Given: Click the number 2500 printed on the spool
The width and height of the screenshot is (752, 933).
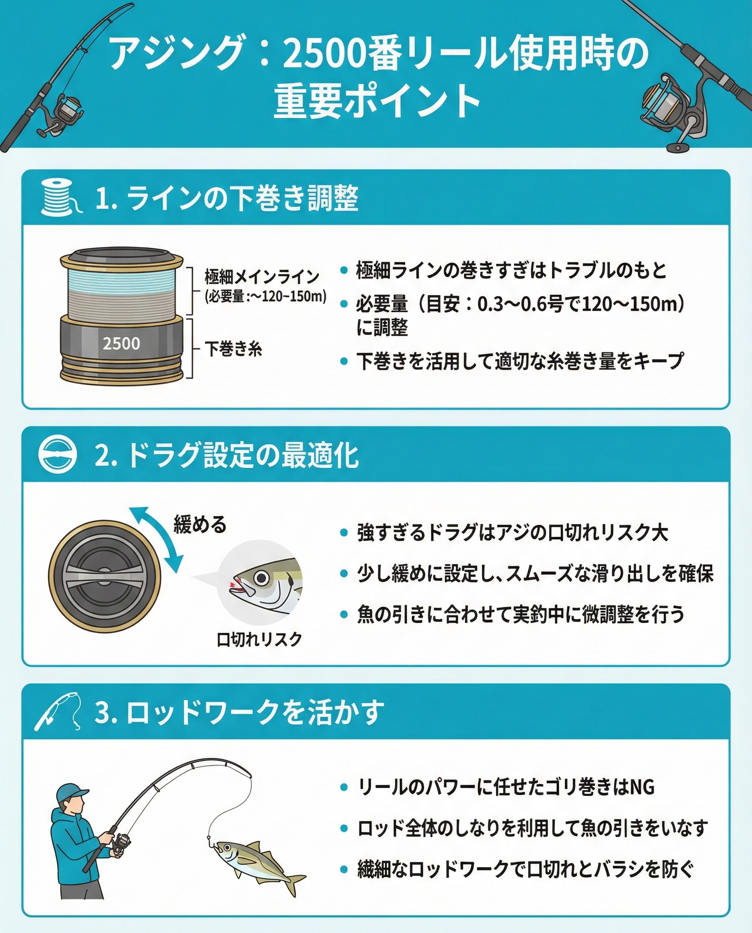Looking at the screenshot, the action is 121,343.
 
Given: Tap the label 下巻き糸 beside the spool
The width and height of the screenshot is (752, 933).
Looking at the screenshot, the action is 233,349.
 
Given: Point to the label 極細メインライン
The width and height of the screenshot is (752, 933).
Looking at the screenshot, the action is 262,276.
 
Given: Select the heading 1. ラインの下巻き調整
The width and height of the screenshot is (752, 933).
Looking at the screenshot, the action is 226,198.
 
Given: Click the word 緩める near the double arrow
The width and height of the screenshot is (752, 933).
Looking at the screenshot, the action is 200,524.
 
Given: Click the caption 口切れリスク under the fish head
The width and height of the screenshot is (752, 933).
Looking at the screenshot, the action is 259,639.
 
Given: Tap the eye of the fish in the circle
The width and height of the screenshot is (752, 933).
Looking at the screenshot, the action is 262,578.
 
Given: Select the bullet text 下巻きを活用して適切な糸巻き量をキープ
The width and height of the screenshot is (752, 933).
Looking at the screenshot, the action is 520,361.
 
